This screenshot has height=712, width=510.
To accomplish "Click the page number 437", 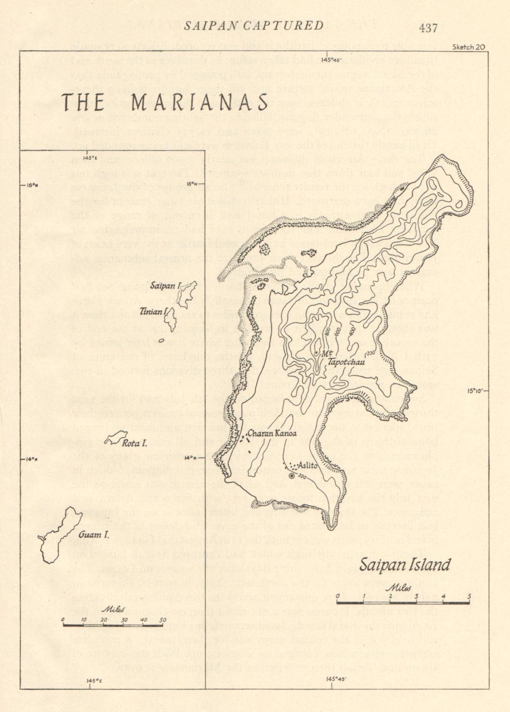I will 428,28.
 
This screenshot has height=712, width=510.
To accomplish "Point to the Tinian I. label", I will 152,311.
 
